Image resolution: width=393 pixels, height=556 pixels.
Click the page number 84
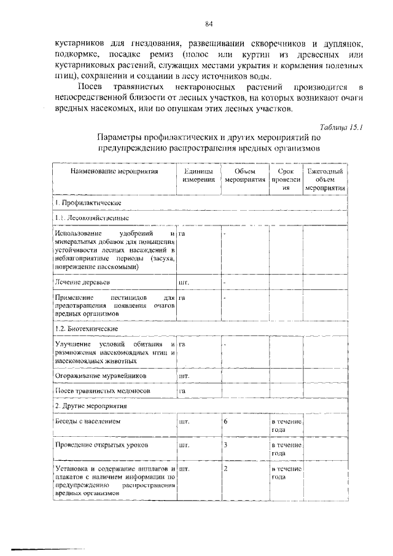[x=209, y=24]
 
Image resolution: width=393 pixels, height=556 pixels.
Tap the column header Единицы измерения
[x=198, y=176]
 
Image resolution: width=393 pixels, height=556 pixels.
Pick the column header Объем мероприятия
[x=244, y=176]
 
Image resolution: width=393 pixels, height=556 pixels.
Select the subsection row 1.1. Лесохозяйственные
[x=90, y=218]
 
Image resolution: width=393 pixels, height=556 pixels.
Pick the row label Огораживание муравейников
[x=97, y=375]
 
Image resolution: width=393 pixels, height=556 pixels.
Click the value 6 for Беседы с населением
[x=226, y=422]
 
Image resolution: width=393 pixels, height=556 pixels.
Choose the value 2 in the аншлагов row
[x=226, y=469]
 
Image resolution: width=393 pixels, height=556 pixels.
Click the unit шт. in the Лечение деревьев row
[x=183, y=282]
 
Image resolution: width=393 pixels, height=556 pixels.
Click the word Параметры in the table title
[x=121, y=138]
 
